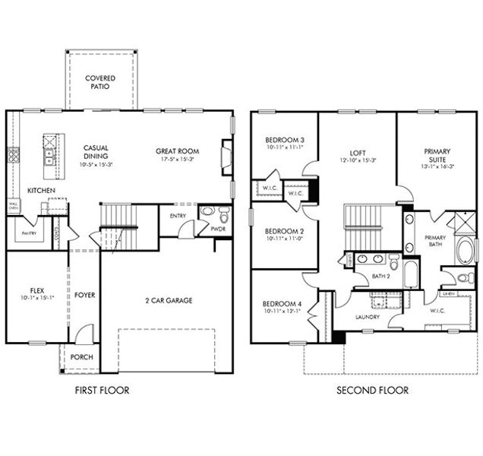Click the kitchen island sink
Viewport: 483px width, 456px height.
pyautogui.click(x=49, y=158)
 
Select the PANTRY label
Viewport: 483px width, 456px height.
pyautogui.click(x=30, y=233)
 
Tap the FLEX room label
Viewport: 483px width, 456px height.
pyautogui.click(x=36, y=290)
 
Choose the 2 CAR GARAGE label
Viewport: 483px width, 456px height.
pyautogui.click(x=169, y=300)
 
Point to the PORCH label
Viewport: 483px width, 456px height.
pyautogui.click(x=81, y=357)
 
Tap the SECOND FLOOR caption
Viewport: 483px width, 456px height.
pyautogui.click(x=372, y=391)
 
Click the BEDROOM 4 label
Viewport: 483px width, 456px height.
pyautogui.click(x=284, y=302)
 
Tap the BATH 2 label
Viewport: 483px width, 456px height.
pyautogui.click(x=380, y=277)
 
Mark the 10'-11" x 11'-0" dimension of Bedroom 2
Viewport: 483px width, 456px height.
pyautogui.click(x=284, y=239)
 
